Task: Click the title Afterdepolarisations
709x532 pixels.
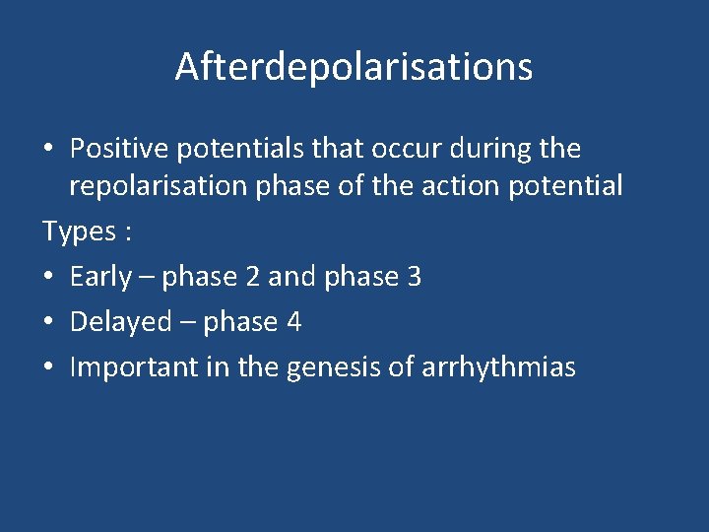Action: (354, 67)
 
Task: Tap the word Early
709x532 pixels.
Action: (99, 278)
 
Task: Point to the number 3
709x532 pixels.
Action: (414, 278)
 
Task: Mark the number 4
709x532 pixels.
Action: (293, 322)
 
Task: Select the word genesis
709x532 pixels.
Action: (335, 368)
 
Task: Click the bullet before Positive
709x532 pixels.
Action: (48, 150)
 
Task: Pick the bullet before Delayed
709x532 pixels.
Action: (48, 323)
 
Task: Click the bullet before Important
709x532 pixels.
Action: (48, 368)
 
